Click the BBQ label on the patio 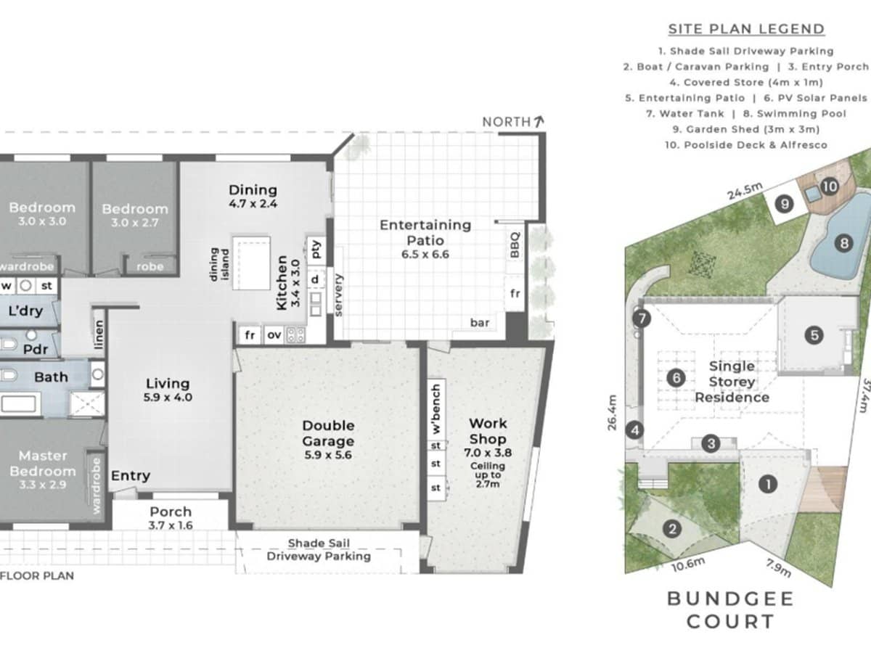pos(515,245)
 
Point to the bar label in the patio pos(480,322)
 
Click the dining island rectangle pos(251,262)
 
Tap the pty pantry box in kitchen pos(316,249)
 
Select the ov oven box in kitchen pos(274,335)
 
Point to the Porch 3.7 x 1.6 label pos(171,518)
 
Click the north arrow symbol pos(539,121)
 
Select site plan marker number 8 pos(843,244)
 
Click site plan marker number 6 pos(676,377)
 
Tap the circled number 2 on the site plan pos(674,529)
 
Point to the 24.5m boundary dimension pos(744,191)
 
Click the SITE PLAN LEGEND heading pos(746,29)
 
